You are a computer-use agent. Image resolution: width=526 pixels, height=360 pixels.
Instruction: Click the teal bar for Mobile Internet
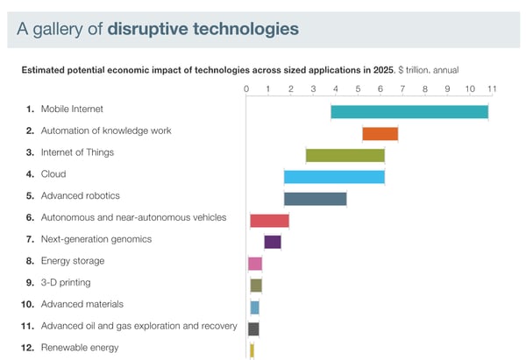[409, 111]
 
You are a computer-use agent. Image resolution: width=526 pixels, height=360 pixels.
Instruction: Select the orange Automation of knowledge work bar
[380, 133]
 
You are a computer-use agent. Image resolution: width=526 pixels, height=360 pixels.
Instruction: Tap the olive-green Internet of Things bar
[345, 155]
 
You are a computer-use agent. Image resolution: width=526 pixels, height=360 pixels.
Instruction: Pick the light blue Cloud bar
[334, 176]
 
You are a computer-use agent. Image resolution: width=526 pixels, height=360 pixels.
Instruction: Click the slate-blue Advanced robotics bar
[315, 198]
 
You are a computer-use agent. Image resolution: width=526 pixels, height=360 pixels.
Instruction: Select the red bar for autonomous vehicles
[269, 220]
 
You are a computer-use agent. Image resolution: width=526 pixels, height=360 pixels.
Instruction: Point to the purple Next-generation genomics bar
[273, 242]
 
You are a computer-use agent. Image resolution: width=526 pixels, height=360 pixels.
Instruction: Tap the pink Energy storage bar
[255, 263]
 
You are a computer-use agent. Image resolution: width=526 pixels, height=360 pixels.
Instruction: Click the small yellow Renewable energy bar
[252, 349]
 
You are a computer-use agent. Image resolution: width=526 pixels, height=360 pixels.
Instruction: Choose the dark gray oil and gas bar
[253, 328]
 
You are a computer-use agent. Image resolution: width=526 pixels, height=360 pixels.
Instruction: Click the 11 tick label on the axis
[492, 88]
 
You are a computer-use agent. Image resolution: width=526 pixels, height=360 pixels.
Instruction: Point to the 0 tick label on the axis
[246, 88]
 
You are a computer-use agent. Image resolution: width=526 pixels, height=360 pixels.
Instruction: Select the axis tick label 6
[380, 88]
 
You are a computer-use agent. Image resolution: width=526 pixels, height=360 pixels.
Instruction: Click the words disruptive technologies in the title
[203, 29]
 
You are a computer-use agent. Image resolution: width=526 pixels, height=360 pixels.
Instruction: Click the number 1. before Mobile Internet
[30, 109]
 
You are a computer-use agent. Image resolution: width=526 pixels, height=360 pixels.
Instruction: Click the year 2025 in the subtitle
[384, 69]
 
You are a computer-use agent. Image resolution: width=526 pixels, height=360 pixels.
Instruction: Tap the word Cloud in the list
[53, 174]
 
